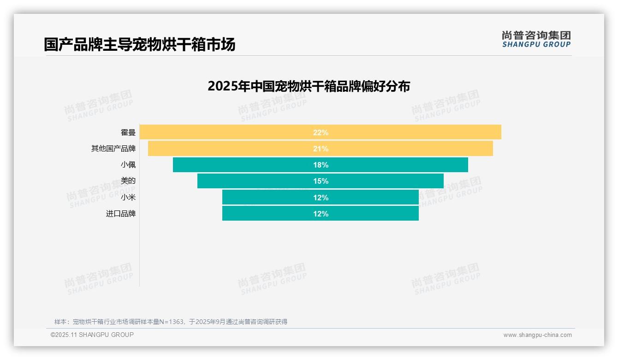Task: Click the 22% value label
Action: tap(321, 132)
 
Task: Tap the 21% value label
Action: tap(321, 149)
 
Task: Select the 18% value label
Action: tap(321, 165)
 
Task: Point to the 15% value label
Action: tap(321, 181)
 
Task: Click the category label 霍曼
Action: tap(128, 132)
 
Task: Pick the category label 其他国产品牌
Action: tap(113, 149)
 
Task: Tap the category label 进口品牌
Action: tap(121, 214)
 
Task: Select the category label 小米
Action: tap(128, 198)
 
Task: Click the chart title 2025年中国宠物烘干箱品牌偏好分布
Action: tap(309, 86)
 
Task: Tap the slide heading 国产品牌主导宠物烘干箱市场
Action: tap(140, 45)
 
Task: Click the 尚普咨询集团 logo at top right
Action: tap(536, 39)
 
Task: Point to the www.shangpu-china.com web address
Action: tap(537, 335)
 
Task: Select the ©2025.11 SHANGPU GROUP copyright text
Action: tap(92, 335)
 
